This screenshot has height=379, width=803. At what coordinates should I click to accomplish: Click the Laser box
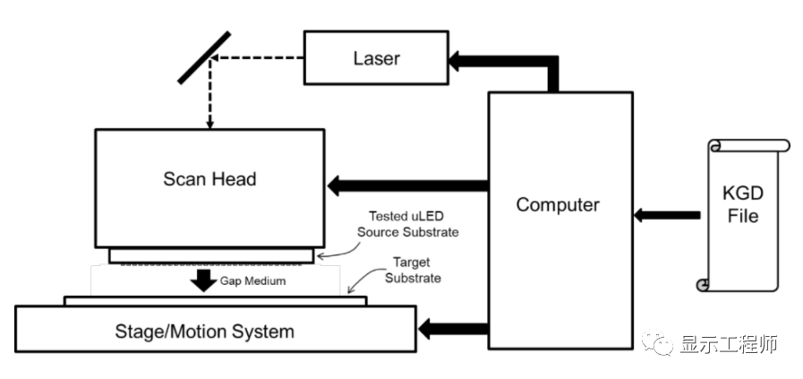click(375, 60)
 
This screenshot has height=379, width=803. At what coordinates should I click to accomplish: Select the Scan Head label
click(209, 179)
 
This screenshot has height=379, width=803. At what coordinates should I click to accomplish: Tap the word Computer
click(558, 204)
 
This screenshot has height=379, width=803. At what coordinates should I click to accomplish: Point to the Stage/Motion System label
click(204, 332)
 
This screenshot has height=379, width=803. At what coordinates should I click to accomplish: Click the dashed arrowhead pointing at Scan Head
click(208, 123)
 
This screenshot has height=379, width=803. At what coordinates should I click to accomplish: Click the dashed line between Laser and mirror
click(260, 60)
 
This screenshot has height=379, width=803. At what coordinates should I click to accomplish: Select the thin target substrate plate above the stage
click(215, 301)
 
